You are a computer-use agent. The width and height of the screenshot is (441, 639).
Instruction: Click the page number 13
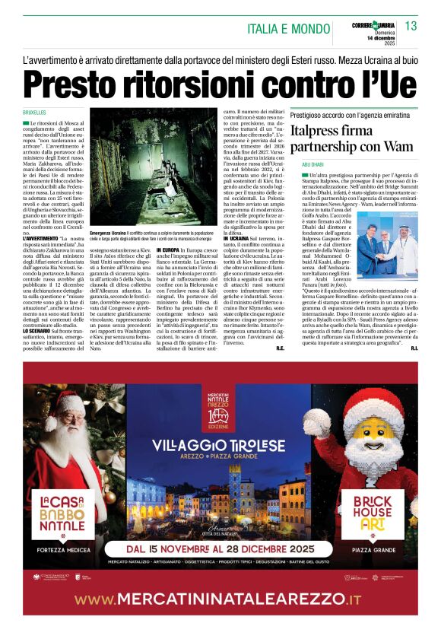[x=411, y=27]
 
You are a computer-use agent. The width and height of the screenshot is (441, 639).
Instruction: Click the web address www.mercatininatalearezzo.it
[x=220, y=600]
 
